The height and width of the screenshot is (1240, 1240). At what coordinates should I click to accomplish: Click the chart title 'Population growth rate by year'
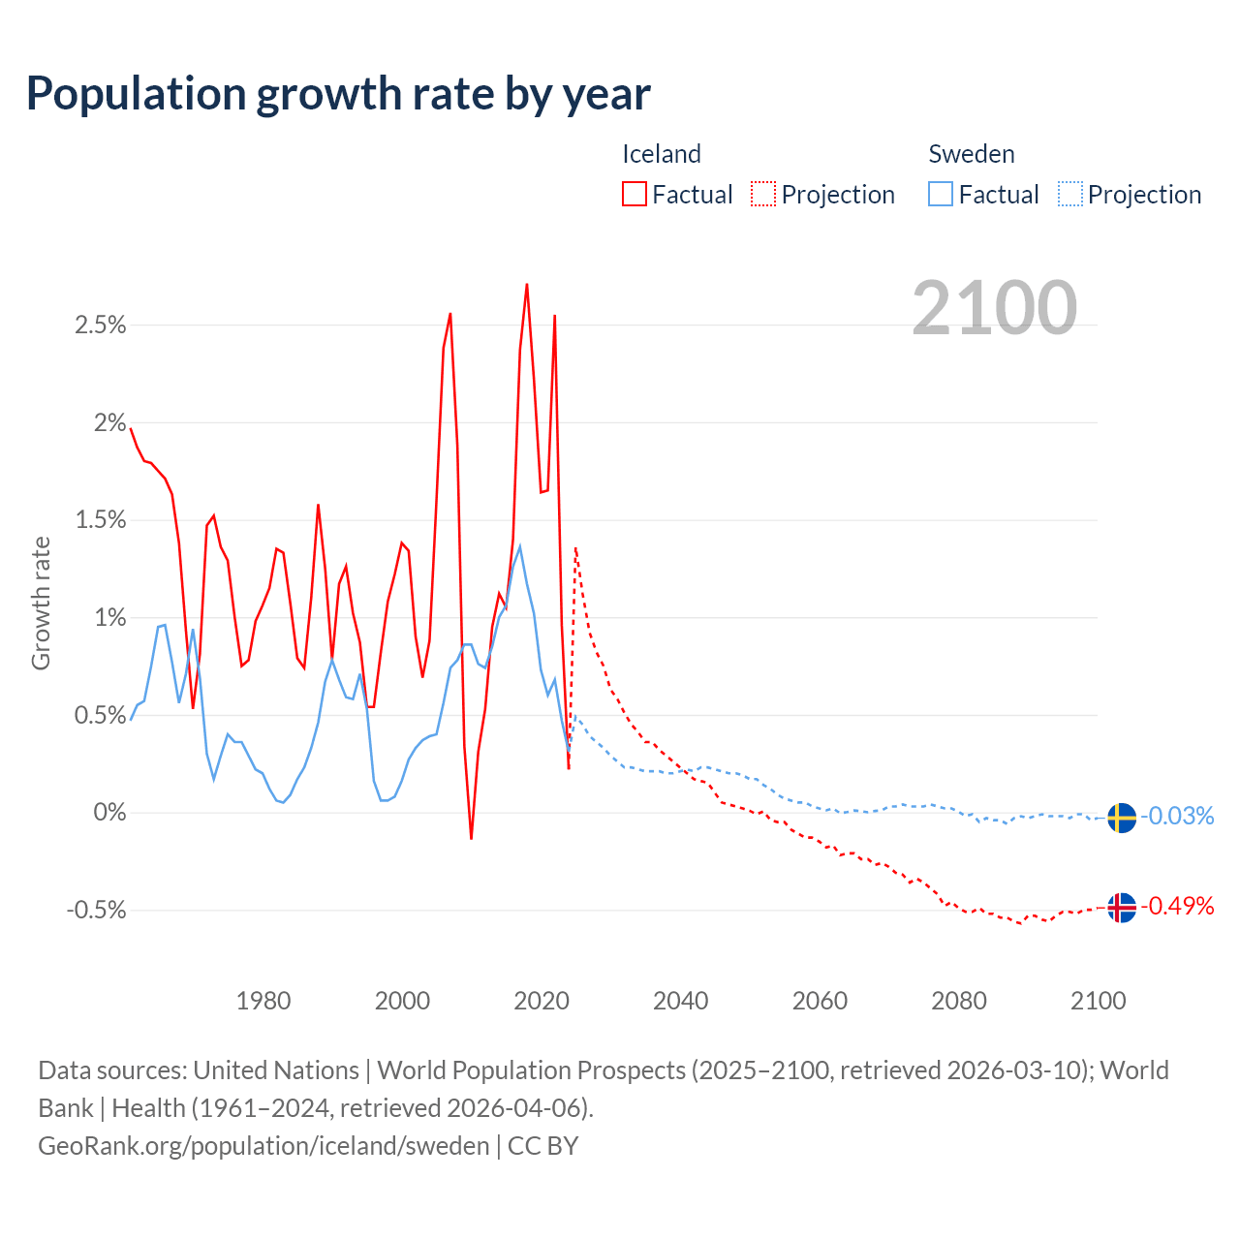(338, 94)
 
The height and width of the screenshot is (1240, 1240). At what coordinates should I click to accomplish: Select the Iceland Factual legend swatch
(635, 194)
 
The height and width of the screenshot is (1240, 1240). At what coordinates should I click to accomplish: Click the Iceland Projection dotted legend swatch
(763, 194)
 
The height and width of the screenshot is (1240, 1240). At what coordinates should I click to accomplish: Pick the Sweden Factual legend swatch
(941, 194)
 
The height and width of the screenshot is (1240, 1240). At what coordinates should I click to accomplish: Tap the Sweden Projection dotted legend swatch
(1069, 194)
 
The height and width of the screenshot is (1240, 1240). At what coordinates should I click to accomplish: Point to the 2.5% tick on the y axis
(101, 325)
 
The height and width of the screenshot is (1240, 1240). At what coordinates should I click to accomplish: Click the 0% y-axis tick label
(109, 813)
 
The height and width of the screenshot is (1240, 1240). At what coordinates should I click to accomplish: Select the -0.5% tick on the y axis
(97, 911)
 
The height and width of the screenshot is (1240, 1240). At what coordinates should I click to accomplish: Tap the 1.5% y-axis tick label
(101, 520)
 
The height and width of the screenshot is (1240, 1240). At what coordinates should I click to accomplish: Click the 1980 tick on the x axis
(263, 1001)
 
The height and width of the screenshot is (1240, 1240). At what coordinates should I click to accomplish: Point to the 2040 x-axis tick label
(681, 1001)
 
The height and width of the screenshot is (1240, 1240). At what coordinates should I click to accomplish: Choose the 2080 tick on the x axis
(959, 1001)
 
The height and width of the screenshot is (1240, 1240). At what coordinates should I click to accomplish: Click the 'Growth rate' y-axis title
(41, 603)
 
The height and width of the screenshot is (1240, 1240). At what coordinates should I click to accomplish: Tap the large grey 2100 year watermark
(994, 308)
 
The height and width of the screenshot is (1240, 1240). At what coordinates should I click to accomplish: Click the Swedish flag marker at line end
(1122, 818)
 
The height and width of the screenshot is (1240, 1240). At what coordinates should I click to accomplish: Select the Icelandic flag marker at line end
(1122, 908)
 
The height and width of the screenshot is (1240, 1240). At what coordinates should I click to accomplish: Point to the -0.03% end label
(1177, 816)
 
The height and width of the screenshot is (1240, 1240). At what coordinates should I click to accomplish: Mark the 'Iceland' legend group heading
(661, 154)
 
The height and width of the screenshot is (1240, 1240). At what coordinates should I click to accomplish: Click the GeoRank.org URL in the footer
(263, 1145)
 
